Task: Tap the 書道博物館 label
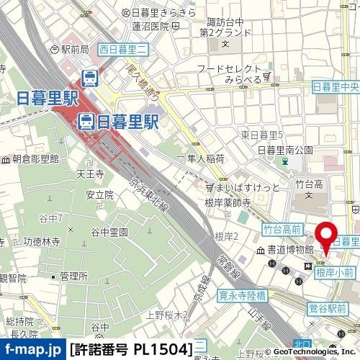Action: tap(290, 250)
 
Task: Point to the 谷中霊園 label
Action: tap(109, 232)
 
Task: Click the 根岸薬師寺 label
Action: tap(227, 202)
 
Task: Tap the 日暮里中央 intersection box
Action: tap(336, 87)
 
